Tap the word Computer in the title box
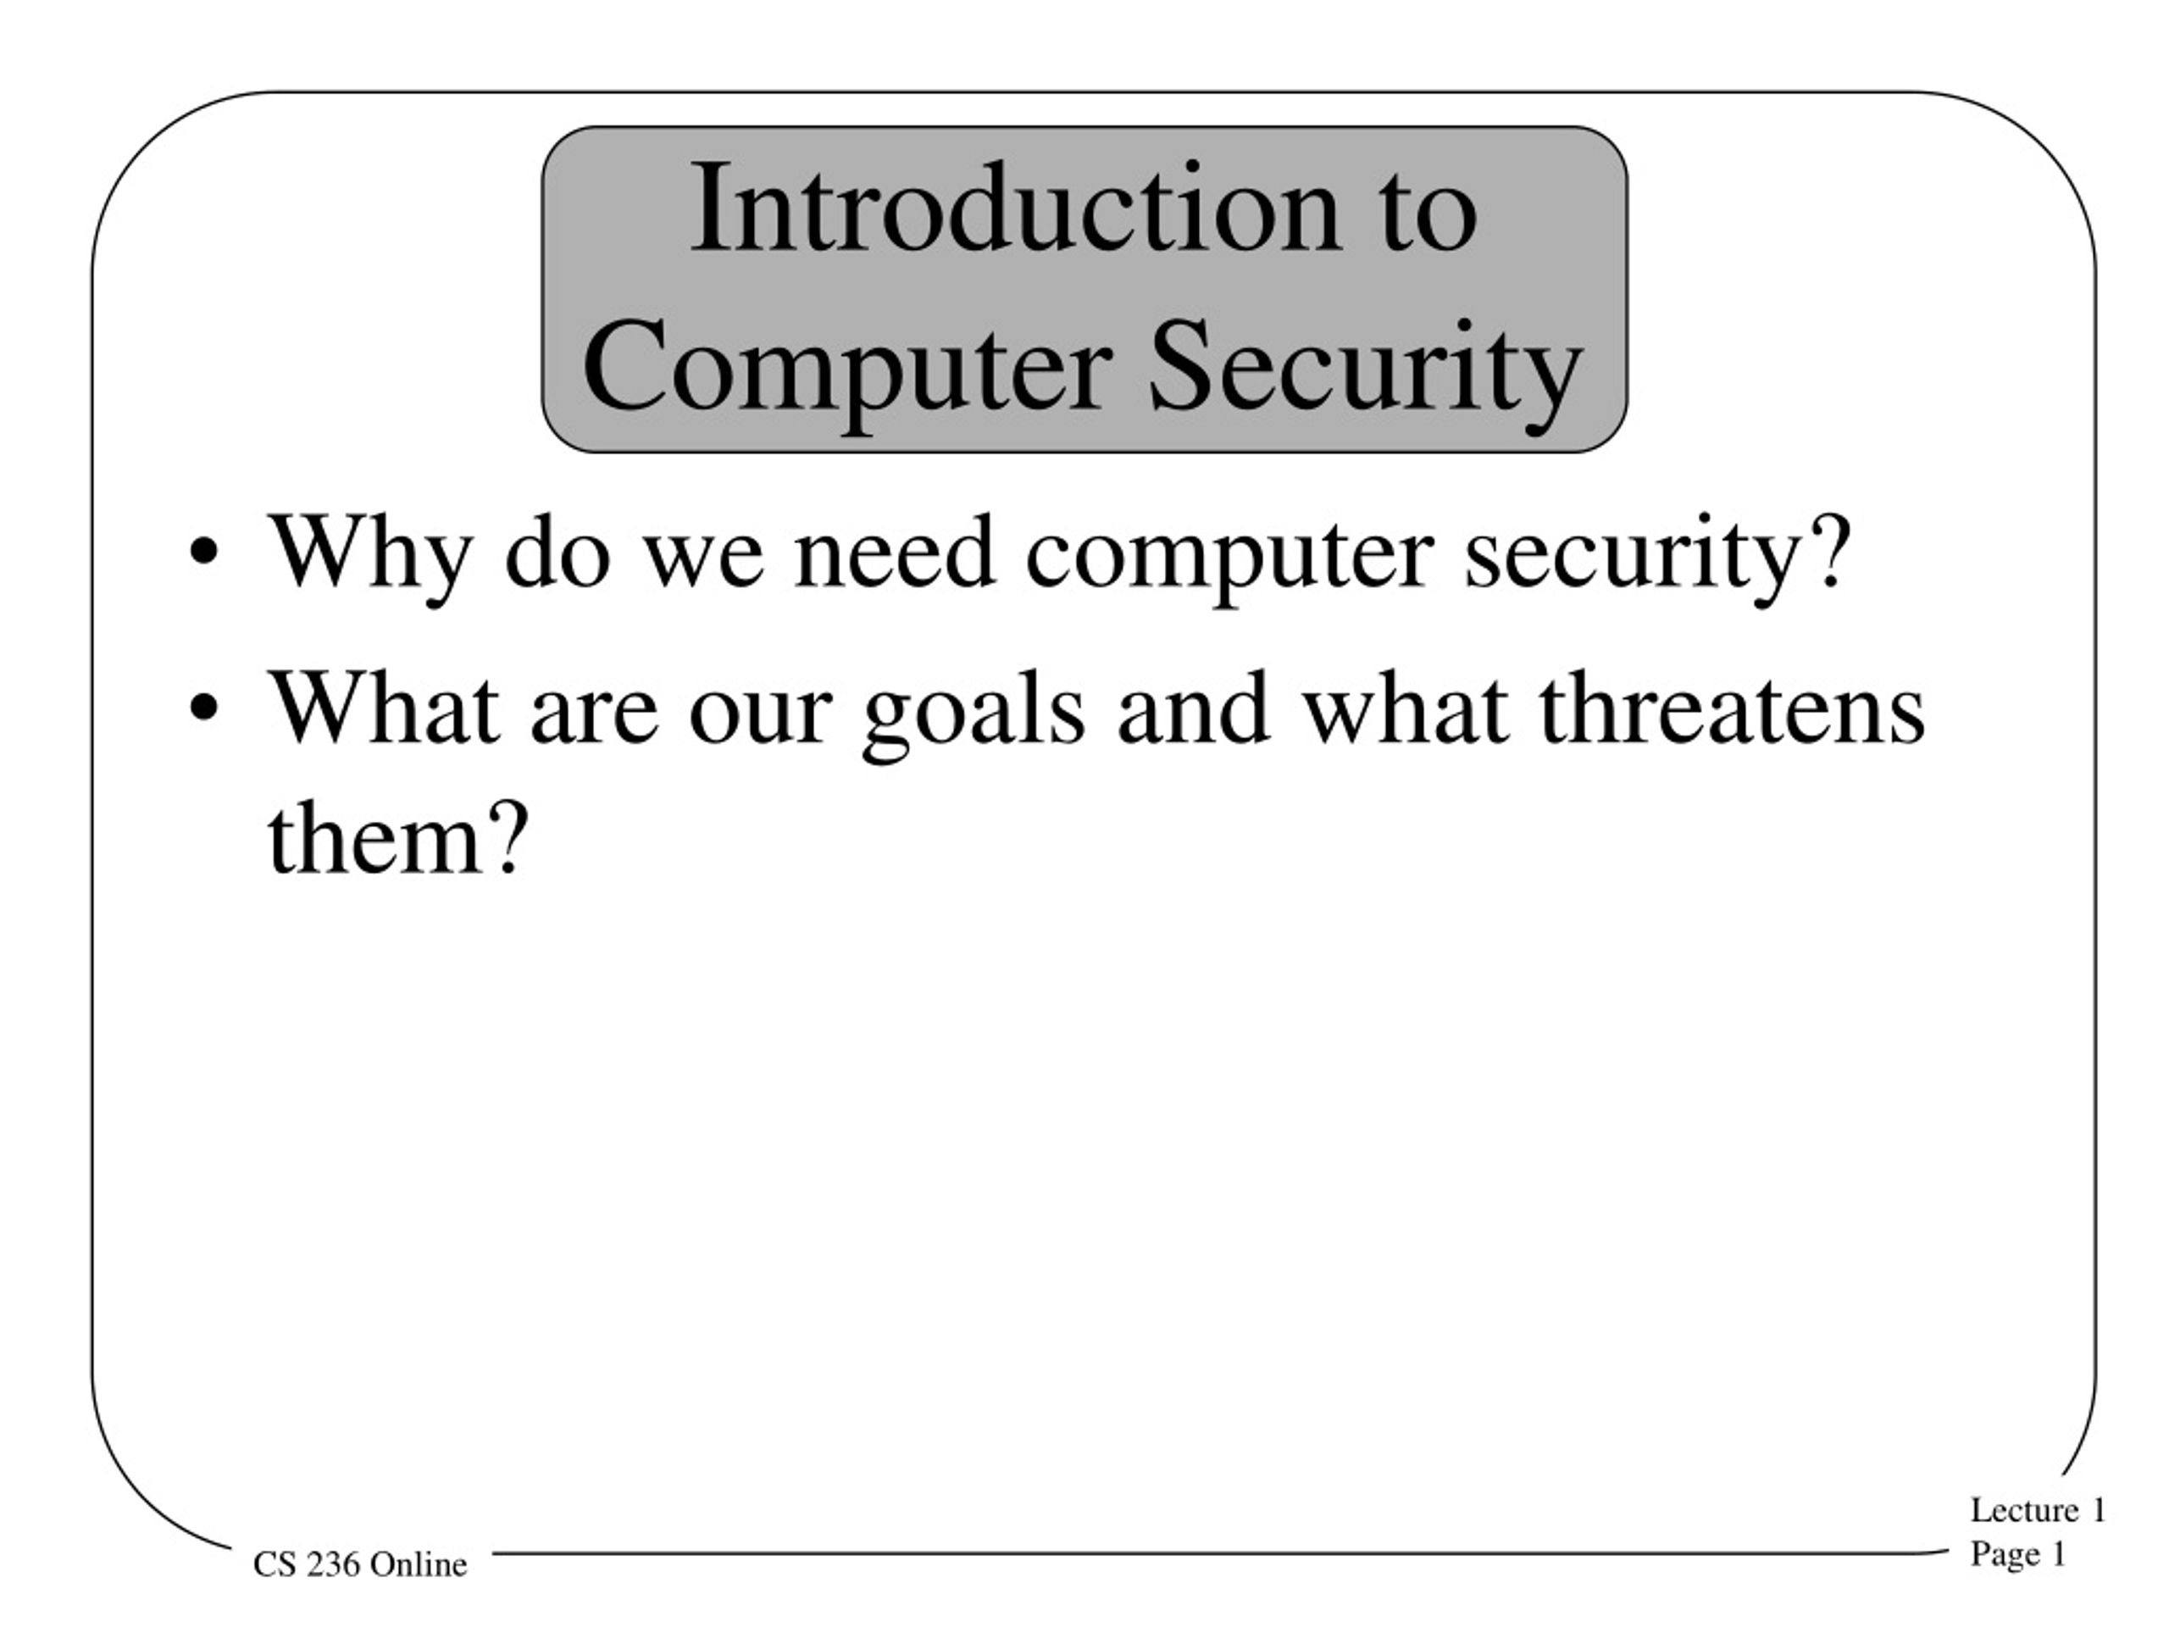(x=846, y=368)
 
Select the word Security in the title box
(x=1365, y=368)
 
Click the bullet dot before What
(x=203, y=708)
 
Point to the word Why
(x=369, y=553)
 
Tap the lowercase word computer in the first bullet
(x=1229, y=553)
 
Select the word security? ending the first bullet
(x=1658, y=553)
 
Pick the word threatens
(x=1732, y=708)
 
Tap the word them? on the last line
(x=398, y=839)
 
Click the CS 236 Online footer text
(x=360, y=1563)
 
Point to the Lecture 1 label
(x=2038, y=1509)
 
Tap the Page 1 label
(x=2018, y=1553)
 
